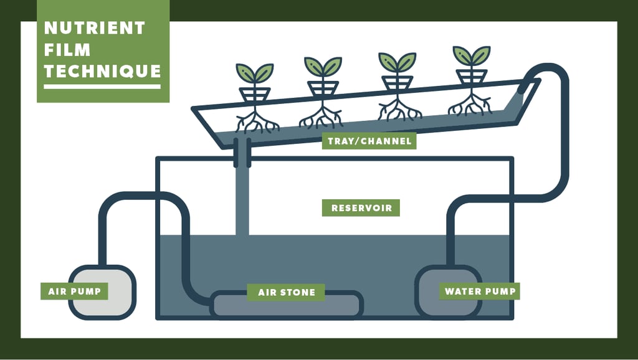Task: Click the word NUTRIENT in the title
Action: [x=94, y=28]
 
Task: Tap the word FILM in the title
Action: [x=67, y=50]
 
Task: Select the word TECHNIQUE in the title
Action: [x=103, y=71]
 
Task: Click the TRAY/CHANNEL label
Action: [x=369, y=141]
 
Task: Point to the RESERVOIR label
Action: [x=361, y=208]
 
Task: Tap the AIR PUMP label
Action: [x=74, y=291]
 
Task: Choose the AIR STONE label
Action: [x=287, y=292]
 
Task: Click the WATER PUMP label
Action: [x=478, y=291]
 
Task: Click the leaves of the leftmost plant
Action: [x=254, y=72]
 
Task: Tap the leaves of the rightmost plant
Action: [x=471, y=55]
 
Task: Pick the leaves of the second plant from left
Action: [x=323, y=65]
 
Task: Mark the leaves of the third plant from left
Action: [x=397, y=60]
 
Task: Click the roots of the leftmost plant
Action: [x=255, y=121]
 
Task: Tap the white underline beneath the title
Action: [x=102, y=87]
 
